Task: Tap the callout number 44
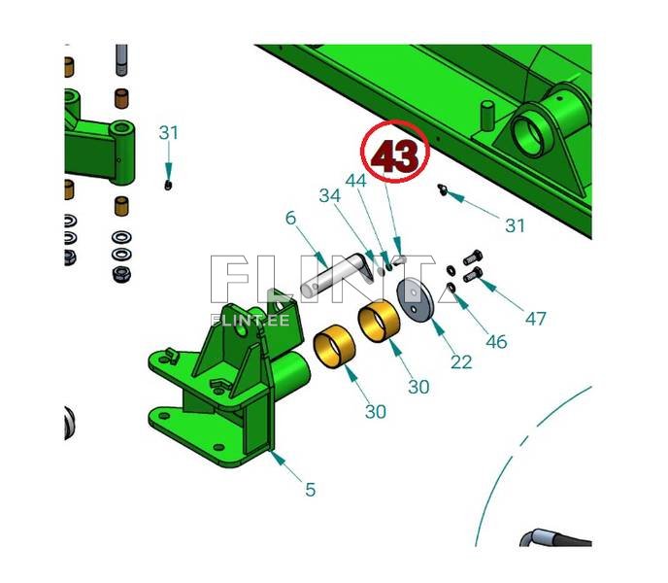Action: click(x=355, y=181)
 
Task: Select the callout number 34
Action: click(x=330, y=195)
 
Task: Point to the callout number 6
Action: click(x=290, y=218)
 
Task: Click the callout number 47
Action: click(x=535, y=319)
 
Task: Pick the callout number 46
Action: click(x=496, y=342)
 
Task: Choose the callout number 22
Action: click(x=461, y=362)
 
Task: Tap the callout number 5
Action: click(x=311, y=490)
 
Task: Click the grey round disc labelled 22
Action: click(x=415, y=300)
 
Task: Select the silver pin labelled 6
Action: click(x=337, y=274)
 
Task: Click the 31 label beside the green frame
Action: click(x=515, y=225)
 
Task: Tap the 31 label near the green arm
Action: click(x=169, y=133)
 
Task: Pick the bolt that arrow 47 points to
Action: click(x=473, y=274)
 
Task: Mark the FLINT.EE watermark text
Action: click(x=250, y=320)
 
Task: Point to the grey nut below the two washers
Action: click(x=121, y=274)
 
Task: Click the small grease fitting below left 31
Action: click(x=168, y=185)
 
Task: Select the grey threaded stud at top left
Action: click(x=121, y=60)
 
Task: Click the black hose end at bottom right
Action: click(x=554, y=538)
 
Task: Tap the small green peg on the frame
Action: click(x=487, y=115)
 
